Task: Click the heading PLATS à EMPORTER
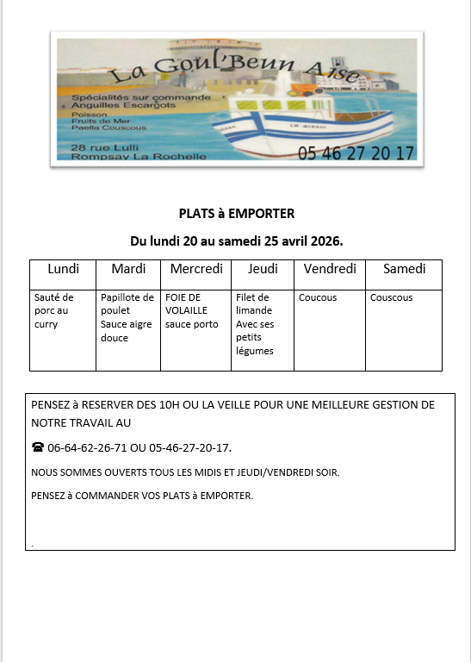pos(236,214)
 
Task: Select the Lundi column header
pos(63,269)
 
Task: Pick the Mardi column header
pos(128,269)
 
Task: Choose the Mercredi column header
pos(196,269)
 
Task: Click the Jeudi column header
pos(263,269)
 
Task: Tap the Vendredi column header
pos(330,269)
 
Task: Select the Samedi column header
pos(404,269)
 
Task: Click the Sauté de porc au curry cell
pos(54,310)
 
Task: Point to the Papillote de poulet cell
pos(127,317)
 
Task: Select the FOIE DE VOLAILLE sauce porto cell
pos(192,310)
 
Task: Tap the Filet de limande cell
pos(255,323)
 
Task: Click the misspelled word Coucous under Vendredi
pos(318,297)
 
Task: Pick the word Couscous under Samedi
pos(391,297)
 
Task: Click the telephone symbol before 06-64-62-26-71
pos(37,447)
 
